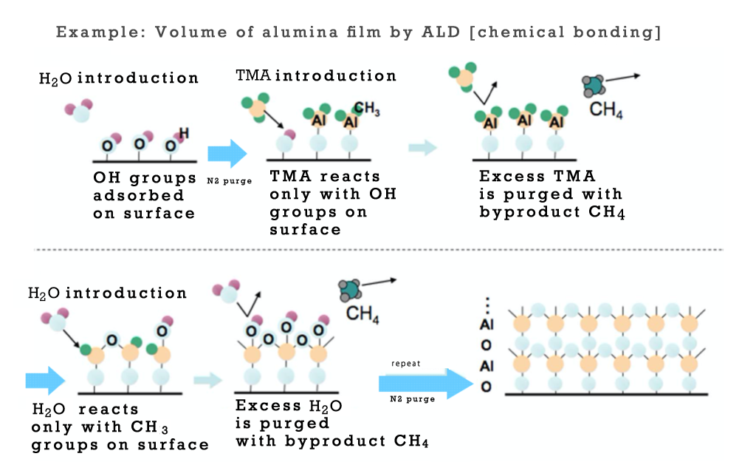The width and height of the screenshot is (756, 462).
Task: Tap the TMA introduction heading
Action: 316,75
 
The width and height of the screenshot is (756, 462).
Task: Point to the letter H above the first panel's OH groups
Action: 184,133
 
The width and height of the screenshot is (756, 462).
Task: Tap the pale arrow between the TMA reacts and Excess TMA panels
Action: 422,148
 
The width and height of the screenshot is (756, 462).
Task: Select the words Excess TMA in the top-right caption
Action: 537,177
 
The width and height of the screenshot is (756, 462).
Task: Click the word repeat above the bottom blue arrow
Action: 407,364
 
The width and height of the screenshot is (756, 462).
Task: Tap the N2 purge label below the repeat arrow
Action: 412,399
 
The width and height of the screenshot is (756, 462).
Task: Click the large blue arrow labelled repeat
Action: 425,383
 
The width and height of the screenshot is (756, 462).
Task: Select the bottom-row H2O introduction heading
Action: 108,293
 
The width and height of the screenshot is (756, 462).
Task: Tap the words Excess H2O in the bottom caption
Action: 289,407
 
